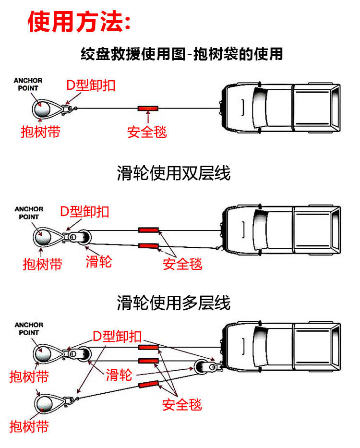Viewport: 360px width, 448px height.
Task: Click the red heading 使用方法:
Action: pyautogui.click(x=79, y=22)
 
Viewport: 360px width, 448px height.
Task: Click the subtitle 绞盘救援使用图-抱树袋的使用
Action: pyautogui.click(x=182, y=54)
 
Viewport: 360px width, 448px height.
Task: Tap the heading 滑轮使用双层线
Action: pyautogui.click(x=173, y=173)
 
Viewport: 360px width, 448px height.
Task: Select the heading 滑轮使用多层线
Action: pyautogui.click(x=173, y=303)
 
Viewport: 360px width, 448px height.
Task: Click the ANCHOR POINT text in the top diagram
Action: pyautogui.click(x=28, y=84)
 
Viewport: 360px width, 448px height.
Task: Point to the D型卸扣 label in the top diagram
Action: pyautogui.click(x=91, y=86)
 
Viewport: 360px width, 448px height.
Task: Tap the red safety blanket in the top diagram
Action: pyautogui.click(x=148, y=108)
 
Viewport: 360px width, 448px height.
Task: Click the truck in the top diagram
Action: pyautogui.click(x=281, y=108)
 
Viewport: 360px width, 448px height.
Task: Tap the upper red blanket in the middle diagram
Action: pyautogui.click(x=148, y=230)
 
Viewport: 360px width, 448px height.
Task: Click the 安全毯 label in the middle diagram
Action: pyautogui.click(x=182, y=264)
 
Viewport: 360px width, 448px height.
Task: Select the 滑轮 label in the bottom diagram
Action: pyautogui.click(x=119, y=375)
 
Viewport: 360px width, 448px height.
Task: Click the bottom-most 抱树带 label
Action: pyautogui.click(x=29, y=426)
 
